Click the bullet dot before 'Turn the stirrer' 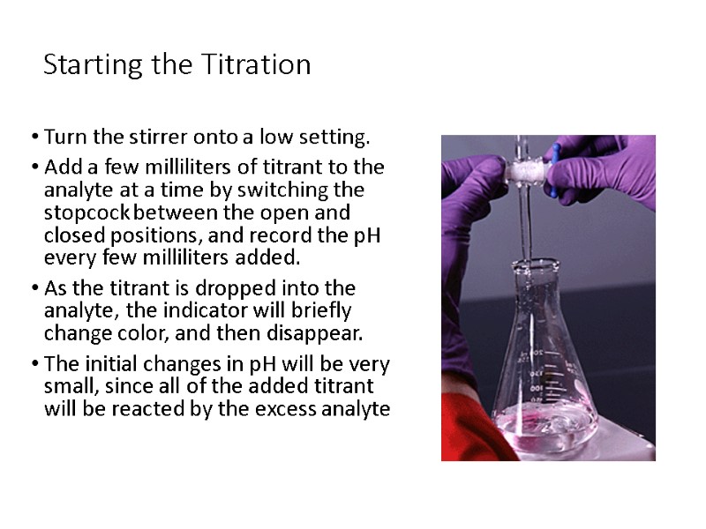(33, 138)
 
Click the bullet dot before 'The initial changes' (33, 365)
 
